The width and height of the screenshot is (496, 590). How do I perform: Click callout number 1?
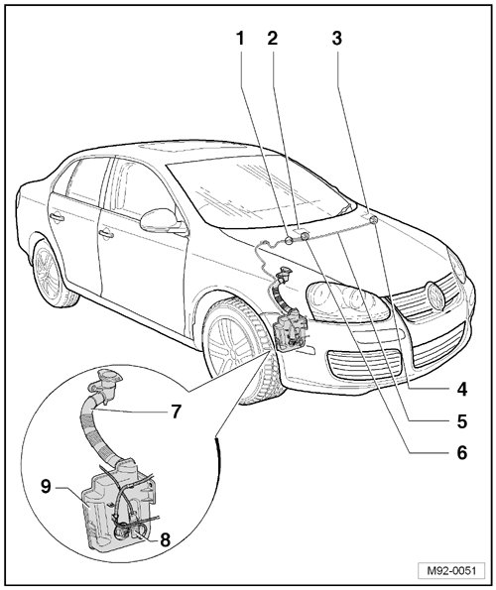pos(240,38)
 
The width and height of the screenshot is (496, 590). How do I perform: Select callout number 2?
pos(273,38)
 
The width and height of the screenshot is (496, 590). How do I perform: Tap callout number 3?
pos(337,38)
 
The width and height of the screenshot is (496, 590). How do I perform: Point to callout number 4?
pos(462,389)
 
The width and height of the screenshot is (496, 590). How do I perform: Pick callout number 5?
pos(462,421)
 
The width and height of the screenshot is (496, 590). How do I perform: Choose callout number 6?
pos(462,452)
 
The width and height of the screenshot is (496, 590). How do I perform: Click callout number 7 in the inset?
pos(176,412)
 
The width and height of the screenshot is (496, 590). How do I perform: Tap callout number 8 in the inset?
pos(166,540)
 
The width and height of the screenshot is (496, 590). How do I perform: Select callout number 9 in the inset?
pos(46,487)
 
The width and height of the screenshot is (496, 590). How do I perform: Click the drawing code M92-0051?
pos(451,570)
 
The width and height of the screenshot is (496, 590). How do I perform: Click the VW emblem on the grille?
pos(435,296)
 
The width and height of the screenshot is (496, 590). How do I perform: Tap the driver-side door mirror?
pos(161,220)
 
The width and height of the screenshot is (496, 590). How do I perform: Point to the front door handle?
pos(106,234)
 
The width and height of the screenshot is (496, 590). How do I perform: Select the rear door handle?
pos(57,217)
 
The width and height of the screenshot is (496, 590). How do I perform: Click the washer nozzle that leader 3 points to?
pos(373,220)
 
